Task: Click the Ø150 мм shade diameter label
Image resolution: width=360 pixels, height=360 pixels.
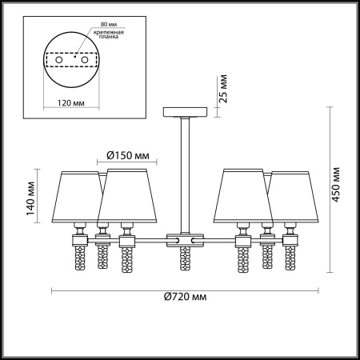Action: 129,155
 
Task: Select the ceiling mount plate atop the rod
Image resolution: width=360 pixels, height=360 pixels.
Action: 183,111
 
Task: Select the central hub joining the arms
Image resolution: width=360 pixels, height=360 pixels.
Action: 183,238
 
